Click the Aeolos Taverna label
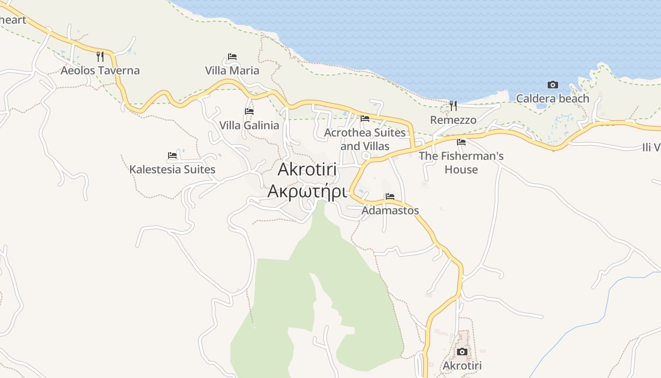[x=100, y=71]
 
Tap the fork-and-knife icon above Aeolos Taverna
[x=100, y=57]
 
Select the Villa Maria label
[x=232, y=71]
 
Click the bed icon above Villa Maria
[x=232, y=57]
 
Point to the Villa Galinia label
[x=249, y=126]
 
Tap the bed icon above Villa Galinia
[x=249, y=112]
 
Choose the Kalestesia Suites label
[x=172, y=170]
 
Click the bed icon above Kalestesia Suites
[x=172, y=155]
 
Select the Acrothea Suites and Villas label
[x=365, y=139]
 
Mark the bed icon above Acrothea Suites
[x=365, y=119]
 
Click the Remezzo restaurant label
[x=453, y=120]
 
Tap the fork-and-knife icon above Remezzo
[x=453, y=105]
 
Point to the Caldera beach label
[x=552, y=99]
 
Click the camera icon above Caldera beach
[x=552, y=85]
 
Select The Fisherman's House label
[x=461, y=163]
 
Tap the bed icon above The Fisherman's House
[x=461, y=142]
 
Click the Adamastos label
[x=390, y=211]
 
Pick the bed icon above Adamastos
[x=390, y=197]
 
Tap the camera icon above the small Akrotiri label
[x=462, y=352]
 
